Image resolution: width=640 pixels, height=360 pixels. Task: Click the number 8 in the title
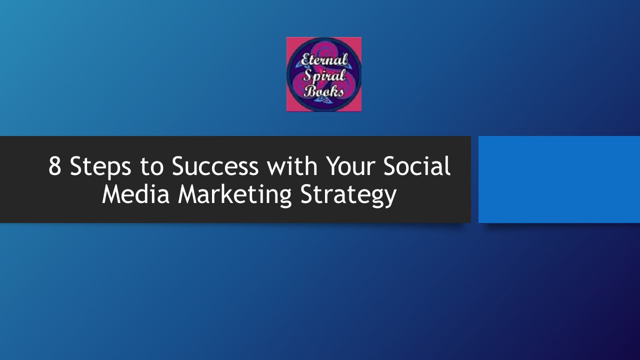55,166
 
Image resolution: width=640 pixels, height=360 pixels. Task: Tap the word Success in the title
215,166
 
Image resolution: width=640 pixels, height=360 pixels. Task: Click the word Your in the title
351,166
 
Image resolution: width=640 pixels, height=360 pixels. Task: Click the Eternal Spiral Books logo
324,74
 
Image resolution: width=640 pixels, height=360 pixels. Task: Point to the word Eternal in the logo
324,60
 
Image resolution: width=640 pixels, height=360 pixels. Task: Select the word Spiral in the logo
323,76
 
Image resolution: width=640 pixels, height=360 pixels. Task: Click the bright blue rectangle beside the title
559,179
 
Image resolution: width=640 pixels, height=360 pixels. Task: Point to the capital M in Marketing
188,194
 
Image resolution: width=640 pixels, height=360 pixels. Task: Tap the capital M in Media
112,194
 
